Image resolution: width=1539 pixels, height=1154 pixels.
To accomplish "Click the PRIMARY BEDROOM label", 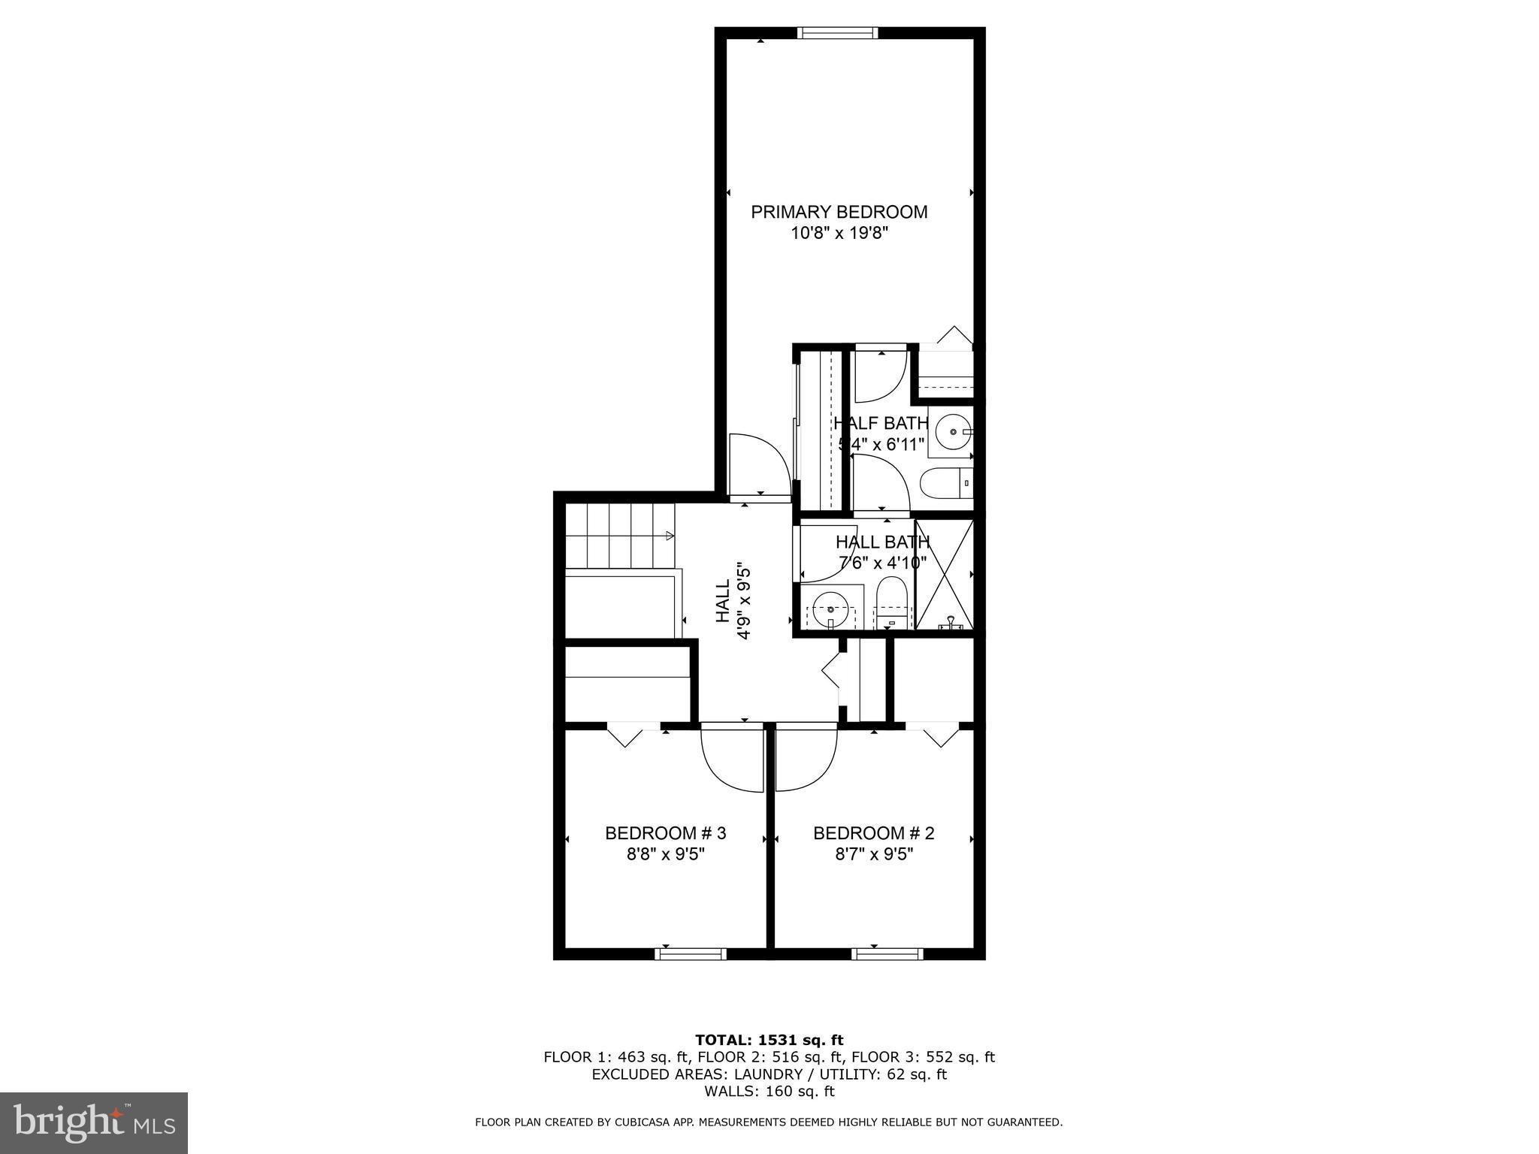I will [x=839, y=212].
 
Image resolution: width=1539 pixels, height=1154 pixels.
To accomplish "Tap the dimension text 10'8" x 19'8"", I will [x=839, y=234].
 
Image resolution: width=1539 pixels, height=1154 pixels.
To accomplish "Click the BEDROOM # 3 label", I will [x=665, y=833].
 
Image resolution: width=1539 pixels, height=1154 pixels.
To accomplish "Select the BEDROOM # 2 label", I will [x=873, y=833].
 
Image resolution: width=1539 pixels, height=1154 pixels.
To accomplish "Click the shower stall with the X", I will [x=945, y=574].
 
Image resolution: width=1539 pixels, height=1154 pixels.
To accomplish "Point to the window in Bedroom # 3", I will [x=690, y=954].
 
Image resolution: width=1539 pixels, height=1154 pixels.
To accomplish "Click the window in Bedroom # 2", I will [x=887, y=954].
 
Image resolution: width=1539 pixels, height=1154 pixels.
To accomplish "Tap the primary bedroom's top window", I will [x=837, y=32].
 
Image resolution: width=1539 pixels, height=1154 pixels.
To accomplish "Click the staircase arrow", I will [x=668, y=536].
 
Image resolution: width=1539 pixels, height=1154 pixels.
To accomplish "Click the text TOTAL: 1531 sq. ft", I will [x=769, y=1041].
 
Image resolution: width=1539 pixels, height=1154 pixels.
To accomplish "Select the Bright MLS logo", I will [x=94, y=1123].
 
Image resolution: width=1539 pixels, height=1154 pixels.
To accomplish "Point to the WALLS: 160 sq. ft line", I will [x=769, y=1092].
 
